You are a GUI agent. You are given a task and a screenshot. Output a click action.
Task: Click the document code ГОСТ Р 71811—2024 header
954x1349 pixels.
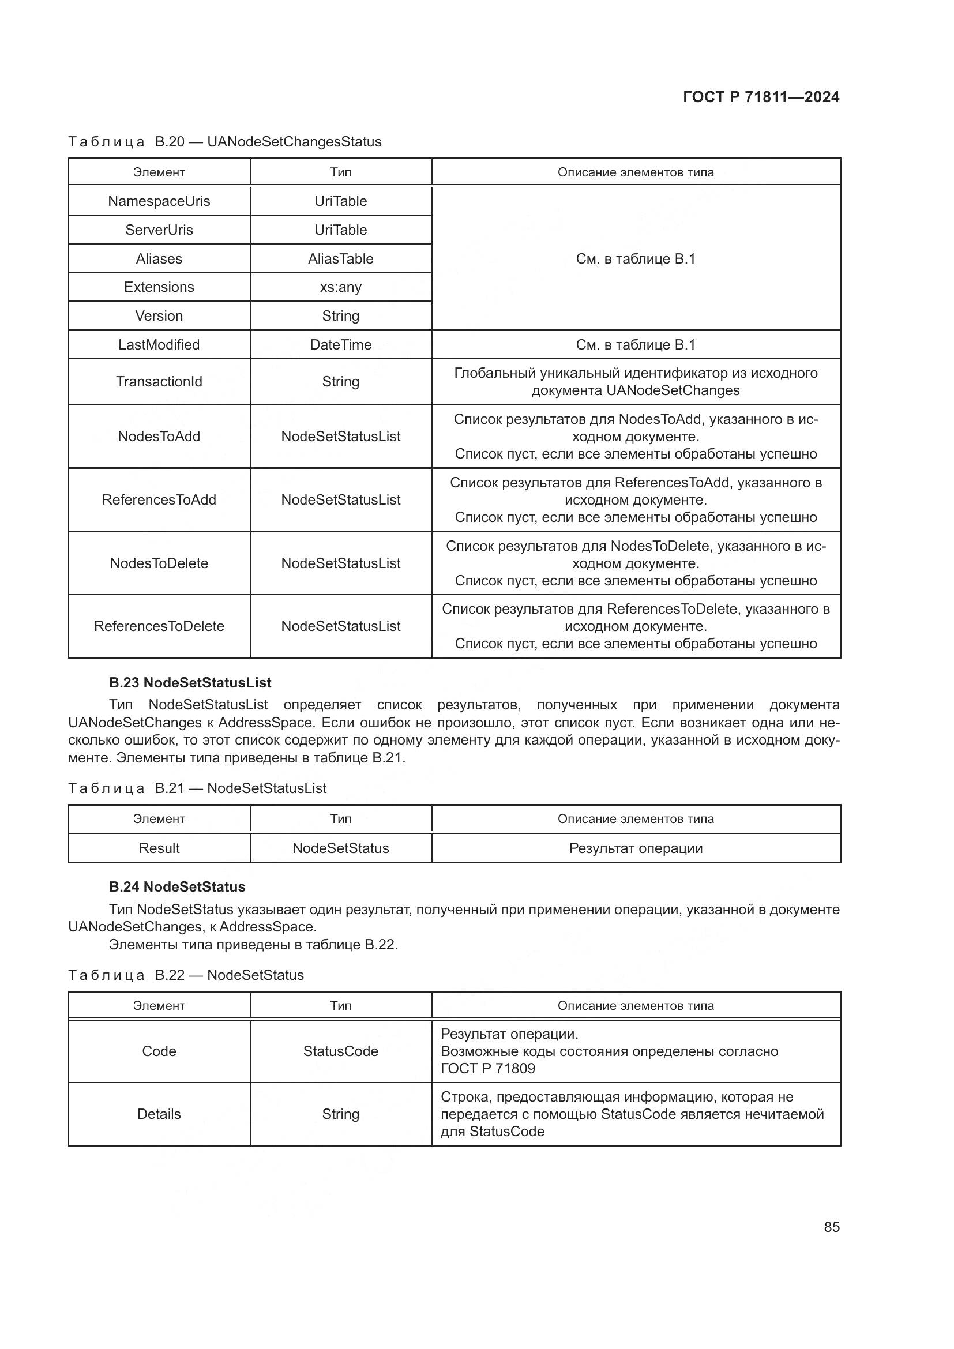pos(761,97)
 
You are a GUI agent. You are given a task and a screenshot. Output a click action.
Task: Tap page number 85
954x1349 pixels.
pos(831,1227)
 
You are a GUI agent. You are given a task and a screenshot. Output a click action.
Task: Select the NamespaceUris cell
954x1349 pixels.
pos(159,201)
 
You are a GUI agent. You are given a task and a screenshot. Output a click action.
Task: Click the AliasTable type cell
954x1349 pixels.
pos(340,258)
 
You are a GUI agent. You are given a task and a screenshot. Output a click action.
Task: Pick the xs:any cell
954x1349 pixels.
pos(340,287)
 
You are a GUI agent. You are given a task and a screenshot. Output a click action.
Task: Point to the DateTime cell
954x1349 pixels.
pos(340,344)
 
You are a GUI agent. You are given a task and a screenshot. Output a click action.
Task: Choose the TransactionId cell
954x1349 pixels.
pos(159,381)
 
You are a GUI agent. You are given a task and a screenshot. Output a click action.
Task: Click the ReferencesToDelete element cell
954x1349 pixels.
pos(159,626)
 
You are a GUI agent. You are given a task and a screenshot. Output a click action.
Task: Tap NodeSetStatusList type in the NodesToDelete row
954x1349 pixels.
pos(340,563)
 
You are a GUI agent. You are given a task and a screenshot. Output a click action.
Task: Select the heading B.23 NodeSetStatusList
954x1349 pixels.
pos(190,683)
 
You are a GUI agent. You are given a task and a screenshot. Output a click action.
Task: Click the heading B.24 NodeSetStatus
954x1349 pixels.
pos(177,886)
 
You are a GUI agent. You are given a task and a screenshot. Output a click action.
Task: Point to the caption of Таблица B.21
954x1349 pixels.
pos(197,788)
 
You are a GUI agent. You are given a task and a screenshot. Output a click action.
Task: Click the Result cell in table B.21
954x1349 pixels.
pos(159,848)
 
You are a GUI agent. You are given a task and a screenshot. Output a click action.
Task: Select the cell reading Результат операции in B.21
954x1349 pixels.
pos(636,848)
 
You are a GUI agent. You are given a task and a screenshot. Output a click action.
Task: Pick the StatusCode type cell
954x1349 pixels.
pos(340,1051)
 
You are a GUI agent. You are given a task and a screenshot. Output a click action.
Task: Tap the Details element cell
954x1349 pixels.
pos(159,1114)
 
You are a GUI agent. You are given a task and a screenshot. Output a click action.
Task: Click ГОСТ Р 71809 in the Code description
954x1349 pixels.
pos(487,1068)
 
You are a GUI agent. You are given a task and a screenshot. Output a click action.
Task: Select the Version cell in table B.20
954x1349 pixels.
pos(159,315)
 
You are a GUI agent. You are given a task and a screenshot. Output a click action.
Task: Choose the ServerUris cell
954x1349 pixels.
pos(159,230)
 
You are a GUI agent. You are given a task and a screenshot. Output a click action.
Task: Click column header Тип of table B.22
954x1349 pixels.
pos(340,1005)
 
